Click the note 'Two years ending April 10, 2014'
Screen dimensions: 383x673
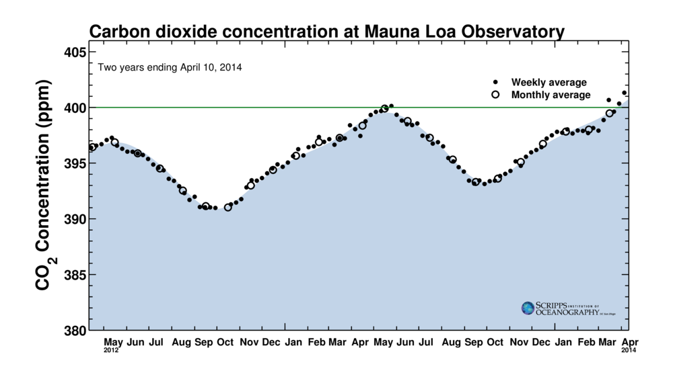coord(170,67)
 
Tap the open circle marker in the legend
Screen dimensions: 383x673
coord(495,95)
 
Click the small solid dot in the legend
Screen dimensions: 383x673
coord(495,82)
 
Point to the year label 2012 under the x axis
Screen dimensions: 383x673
coord(112,350)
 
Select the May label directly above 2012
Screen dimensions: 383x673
coord(112,343)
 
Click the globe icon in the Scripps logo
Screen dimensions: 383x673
coord(528,308)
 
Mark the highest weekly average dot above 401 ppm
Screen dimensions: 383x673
coord(625,93)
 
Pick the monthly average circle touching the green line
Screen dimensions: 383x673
coord(385,108)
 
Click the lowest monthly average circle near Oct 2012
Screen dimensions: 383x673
coord(228,207)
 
